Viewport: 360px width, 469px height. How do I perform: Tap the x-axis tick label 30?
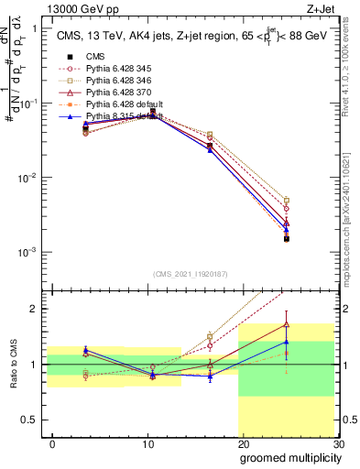click(x=339, y=443)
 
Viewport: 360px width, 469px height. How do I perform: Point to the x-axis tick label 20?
click(x=244, y=443)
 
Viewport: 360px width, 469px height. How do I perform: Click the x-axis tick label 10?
click(x=147, y=443)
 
